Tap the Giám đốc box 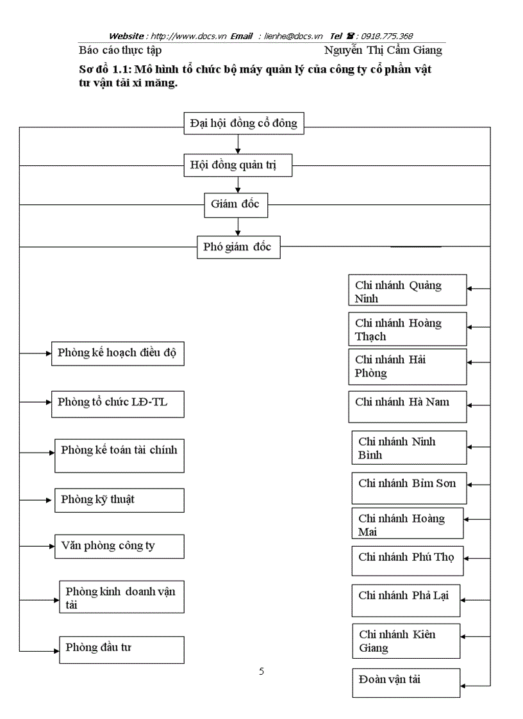click(x=235, y=205)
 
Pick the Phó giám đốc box click(x=238, y=247)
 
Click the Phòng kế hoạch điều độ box click(x=117, y=353)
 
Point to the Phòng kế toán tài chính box click(x=119, y=455)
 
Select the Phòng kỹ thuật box click(x=119, y=500)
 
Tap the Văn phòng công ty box click(x=119, y=546)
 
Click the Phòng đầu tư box click(x=121, y=649)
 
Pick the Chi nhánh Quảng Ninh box click(x=408, y=291)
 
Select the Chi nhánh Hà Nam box click(x=408, y=407)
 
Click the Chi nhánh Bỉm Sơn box click(x=409, y=488)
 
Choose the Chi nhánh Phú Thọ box click(x=406, y=561)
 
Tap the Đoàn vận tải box click(x=406, y=683)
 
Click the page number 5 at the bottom click(x=261, y=672)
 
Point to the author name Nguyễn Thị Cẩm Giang click(x=383, y=50)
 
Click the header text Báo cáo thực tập click(x=120, y=50)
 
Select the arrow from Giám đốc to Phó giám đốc click(x=238, y=226)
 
